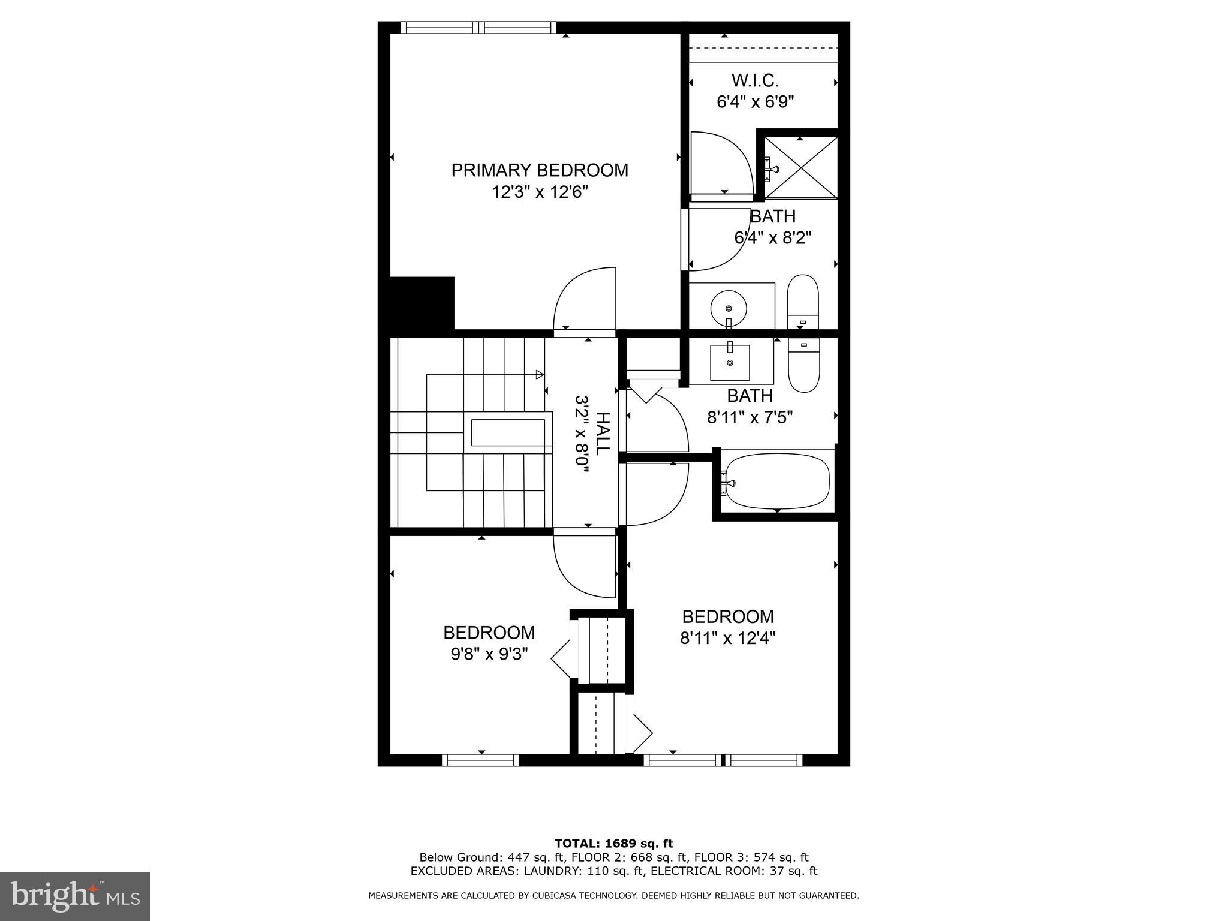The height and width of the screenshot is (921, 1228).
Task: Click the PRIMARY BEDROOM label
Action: [x=540, y=170]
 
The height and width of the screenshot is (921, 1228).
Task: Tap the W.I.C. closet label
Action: [x=755, y=80]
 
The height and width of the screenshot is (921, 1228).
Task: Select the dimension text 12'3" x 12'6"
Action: [x=540, y=192]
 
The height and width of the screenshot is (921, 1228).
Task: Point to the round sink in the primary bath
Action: [x=729, y=308]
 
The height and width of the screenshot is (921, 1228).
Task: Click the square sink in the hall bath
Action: [x=730, y=362]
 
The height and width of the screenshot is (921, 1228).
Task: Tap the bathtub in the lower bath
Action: [x=777, y=482]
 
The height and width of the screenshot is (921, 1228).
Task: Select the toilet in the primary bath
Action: [x=803, y=302]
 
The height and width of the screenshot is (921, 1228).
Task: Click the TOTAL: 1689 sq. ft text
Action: [x=613, y=844]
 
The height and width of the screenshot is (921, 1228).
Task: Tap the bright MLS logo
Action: [x=74, y=895]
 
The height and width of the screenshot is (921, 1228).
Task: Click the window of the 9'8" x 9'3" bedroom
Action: [x=480, y=760]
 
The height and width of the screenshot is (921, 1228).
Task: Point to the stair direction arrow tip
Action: [x=541, y=375]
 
